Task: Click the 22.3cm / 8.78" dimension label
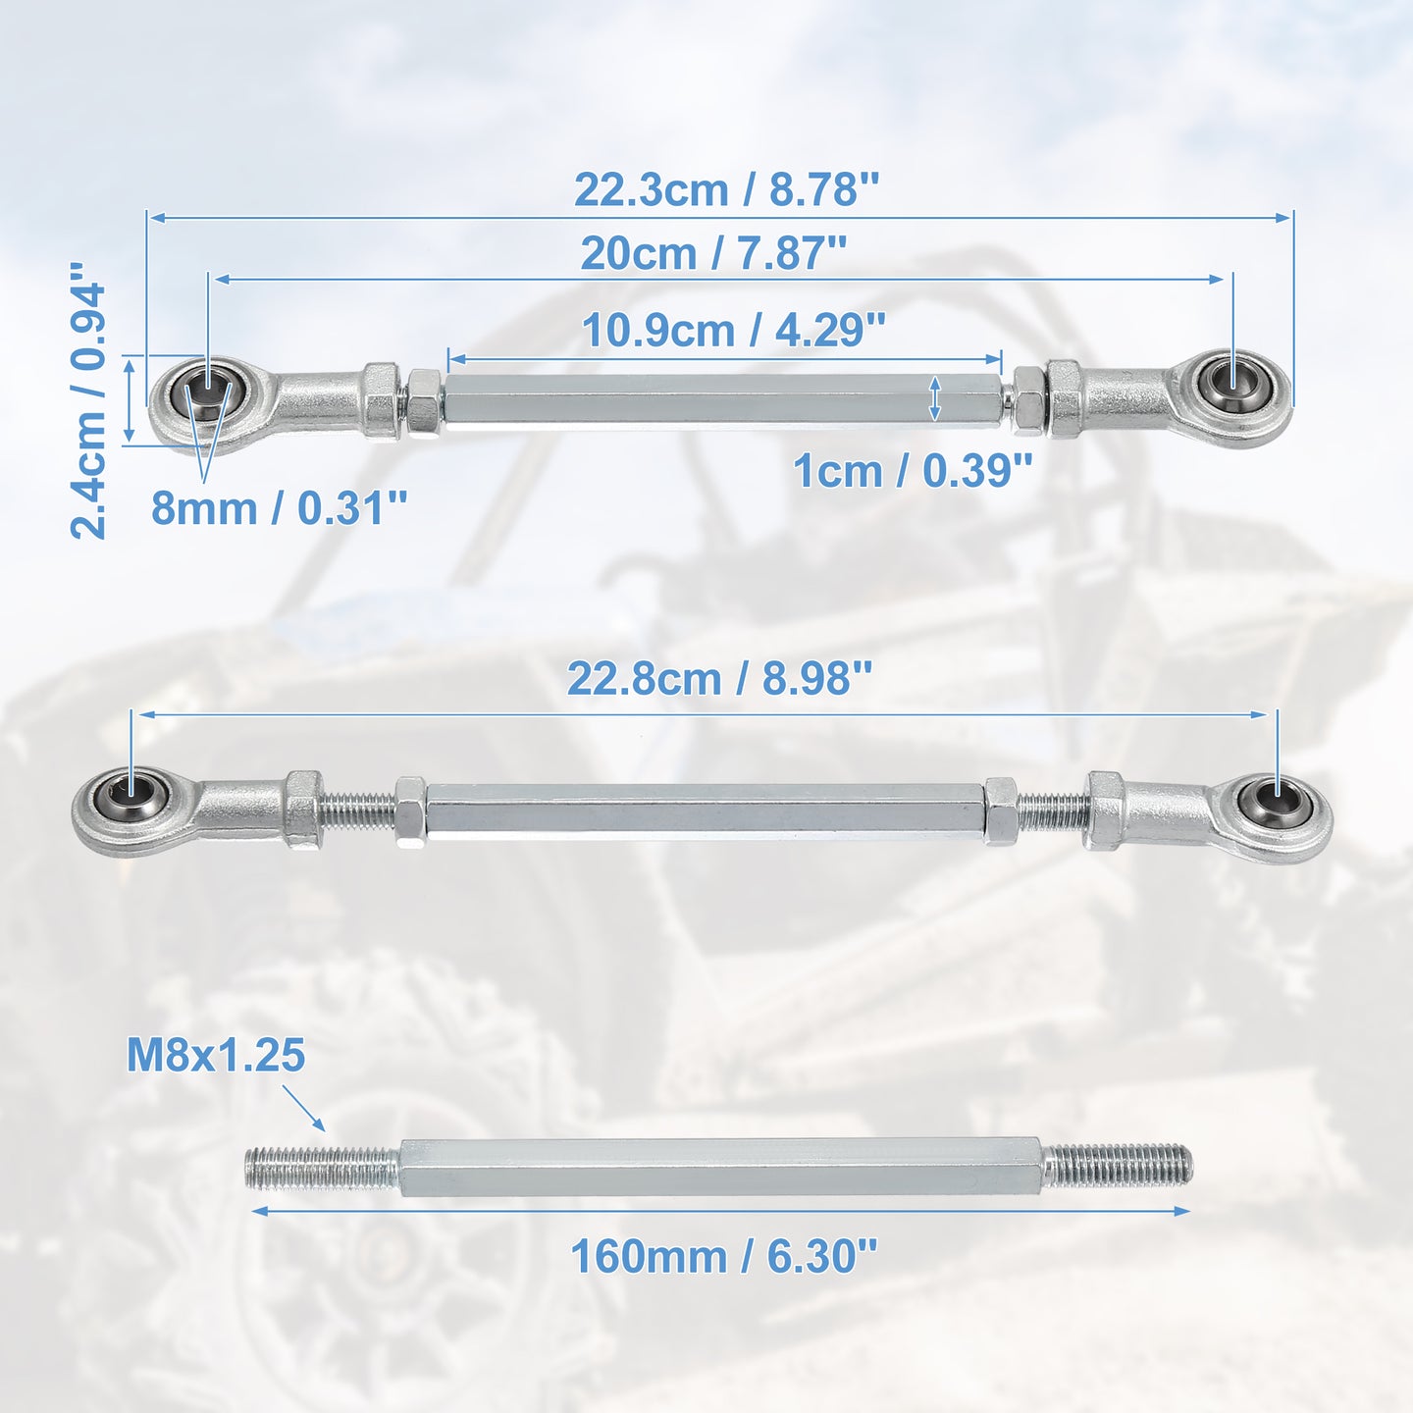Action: coord(726,190)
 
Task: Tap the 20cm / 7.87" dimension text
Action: coord(713,254)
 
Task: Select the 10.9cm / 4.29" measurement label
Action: coord(733,330)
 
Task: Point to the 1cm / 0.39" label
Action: coord(913,471)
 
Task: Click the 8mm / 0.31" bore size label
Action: coord(279,508)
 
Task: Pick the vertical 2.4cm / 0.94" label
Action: coord(88,401)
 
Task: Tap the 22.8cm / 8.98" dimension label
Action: coord(719,679)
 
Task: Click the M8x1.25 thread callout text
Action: coord(216,1056)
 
